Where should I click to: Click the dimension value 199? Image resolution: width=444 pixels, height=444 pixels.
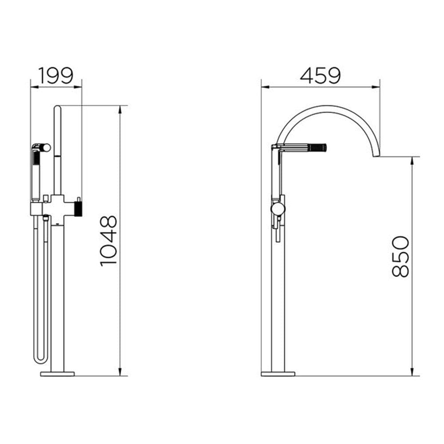click(x=56, y=75)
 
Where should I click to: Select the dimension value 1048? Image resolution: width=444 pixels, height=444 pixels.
click(x=108, y=241)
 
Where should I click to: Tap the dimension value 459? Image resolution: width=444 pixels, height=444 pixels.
click(x=320, y=75)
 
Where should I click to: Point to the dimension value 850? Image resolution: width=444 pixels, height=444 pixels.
click(x=400, y=257)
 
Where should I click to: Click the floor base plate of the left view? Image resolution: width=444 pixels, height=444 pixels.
click(x=57, y=374)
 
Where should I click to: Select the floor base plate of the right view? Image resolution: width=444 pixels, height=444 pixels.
click(x=278, y=374)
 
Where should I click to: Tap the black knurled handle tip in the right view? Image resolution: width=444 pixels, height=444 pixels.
click(x=317, y=147)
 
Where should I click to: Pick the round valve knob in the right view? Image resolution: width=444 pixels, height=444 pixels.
click(x=278, y=209)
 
